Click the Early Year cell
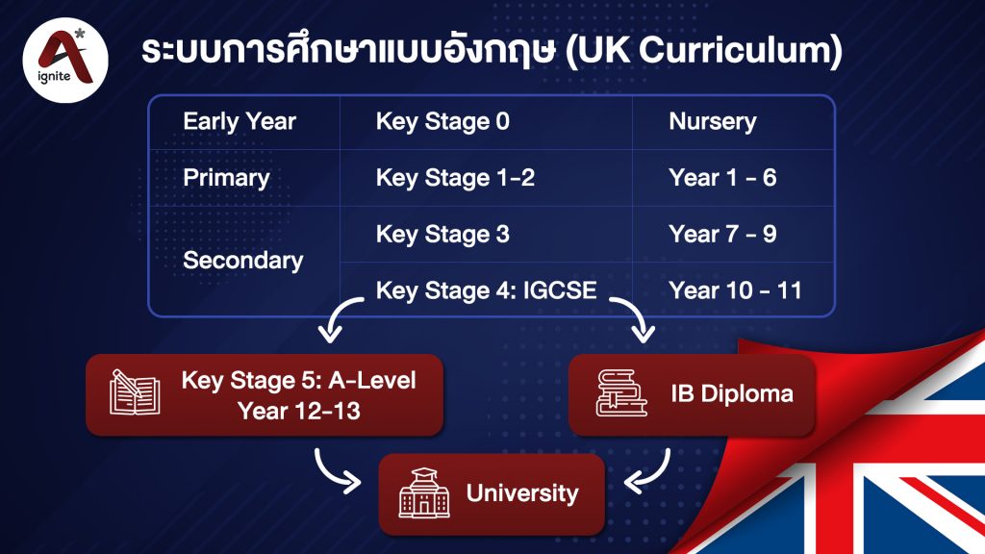(x=240, y=122)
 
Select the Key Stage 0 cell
(x=442, y=122)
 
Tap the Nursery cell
(x=712, y=122)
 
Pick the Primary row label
(x=226, y=178)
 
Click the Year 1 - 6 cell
(x=721, y=178)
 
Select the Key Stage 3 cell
(x=442, y=234)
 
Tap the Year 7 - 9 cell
(x=721, y=234)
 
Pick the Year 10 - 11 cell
(x=735, y=290)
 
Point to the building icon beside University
(x=423, y=494)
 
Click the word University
(x=522, y=494)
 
